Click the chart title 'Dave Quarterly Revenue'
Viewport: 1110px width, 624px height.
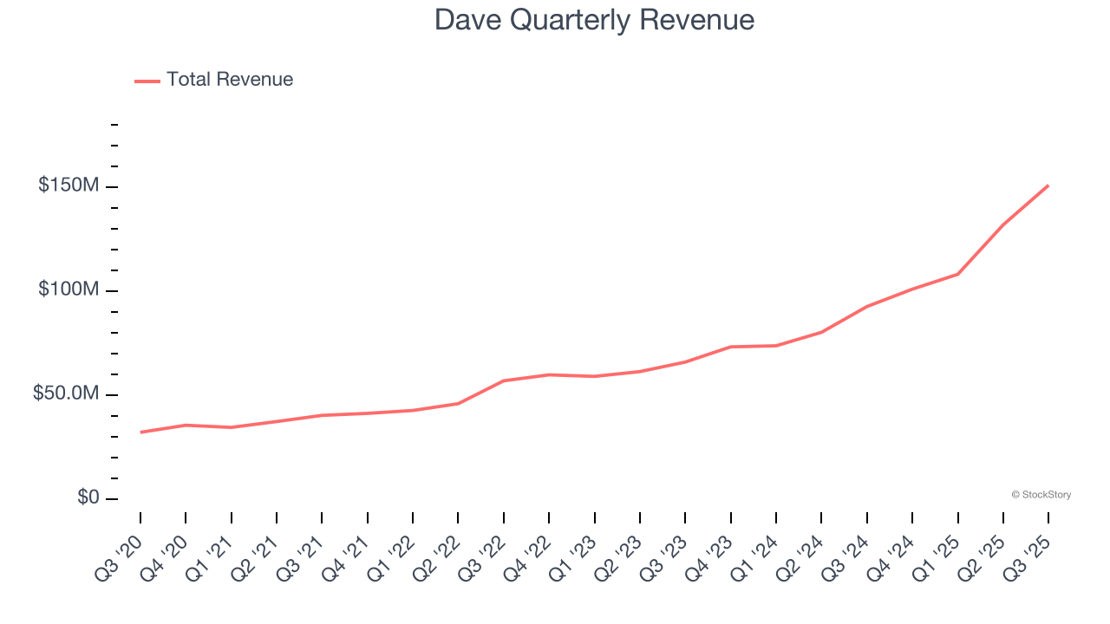click(594, 20)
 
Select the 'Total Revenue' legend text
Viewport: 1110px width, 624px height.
click(230, 80)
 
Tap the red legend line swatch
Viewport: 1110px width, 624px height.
click(147, 81)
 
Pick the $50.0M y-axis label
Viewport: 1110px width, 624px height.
click(66, 393)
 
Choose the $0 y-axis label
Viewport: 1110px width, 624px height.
click(88, 497)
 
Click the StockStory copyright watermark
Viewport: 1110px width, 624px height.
click(1041, 495)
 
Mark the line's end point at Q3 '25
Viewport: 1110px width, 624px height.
click(1048, 185)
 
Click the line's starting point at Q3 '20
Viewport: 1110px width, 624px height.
click(140, 432)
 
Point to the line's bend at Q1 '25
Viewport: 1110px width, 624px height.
click(957, 274)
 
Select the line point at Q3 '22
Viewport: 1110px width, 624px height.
click(504, 380)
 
